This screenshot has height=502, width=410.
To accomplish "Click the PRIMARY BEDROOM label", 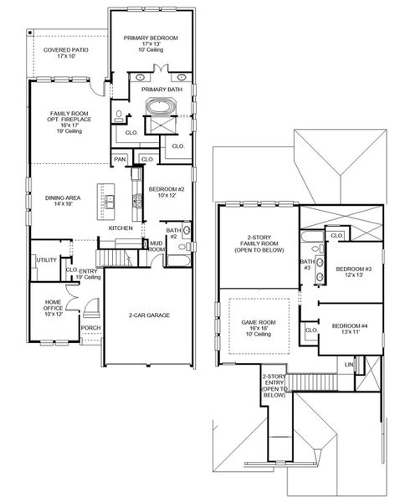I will pos(153,38).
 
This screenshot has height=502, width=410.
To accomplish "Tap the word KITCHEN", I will pos(121,228).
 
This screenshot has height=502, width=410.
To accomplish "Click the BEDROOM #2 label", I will pos(167,190).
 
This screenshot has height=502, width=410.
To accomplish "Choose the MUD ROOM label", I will pos(156,245).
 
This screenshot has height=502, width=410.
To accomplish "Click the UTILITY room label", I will pos(46,260).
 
